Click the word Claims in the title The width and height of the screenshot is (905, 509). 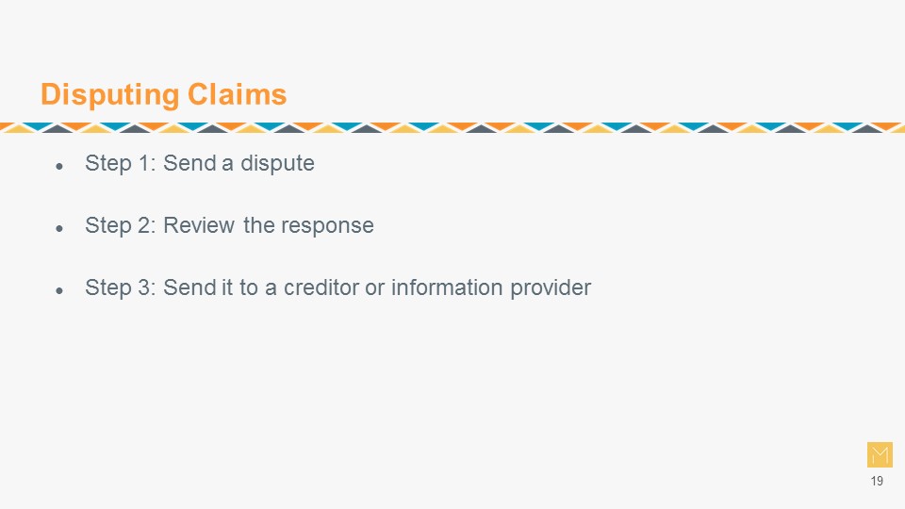[238, 94]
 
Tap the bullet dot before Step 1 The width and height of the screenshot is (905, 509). [59, 167]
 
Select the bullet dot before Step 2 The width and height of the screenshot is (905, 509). [59, 229]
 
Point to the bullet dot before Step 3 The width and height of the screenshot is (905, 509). [59, 291]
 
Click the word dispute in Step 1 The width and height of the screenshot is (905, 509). [277, 164]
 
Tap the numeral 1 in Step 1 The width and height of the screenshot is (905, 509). [144, 163]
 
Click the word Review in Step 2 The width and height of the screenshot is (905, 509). [199, 225]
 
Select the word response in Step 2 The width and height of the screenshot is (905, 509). [328, 226]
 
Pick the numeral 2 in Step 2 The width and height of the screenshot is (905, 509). [144, 225]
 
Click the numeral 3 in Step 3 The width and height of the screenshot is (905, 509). [144, 287]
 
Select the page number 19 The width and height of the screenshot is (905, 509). [877, 481]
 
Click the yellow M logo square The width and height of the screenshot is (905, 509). [880, 454]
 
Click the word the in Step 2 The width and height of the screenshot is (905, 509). [258, 225]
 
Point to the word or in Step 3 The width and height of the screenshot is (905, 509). [375, 288]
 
